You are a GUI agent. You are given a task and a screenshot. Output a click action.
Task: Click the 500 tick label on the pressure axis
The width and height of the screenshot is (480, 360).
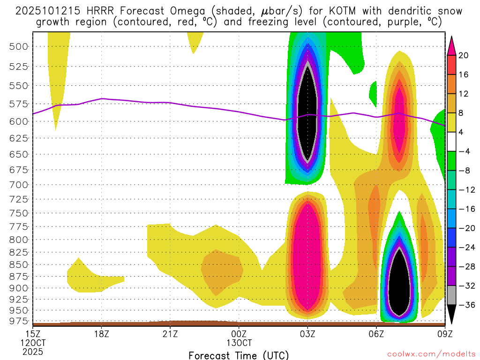[19, 46]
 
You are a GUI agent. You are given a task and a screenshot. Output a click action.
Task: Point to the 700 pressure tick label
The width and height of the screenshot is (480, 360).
[19, 184]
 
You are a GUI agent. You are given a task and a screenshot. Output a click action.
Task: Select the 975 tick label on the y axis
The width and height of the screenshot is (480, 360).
[19, 321]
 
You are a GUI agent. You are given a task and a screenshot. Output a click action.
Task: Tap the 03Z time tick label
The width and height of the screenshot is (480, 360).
[307, 334]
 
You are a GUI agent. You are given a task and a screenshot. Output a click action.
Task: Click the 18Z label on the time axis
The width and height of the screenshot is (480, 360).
[102, 334]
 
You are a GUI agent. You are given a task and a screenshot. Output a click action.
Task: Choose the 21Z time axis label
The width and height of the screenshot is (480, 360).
[170, 334]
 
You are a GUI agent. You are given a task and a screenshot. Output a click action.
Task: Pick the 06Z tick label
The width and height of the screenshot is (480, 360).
[376, 334]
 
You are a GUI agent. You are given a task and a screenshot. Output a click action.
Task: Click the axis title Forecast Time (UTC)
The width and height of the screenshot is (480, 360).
[239, 355]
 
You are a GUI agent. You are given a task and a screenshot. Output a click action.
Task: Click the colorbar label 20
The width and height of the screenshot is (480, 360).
[463, 55]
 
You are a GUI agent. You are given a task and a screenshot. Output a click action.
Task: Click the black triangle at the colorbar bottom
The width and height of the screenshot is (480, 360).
[451, 314]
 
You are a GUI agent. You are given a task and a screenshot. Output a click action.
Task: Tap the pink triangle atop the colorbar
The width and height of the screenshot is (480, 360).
[451, 45]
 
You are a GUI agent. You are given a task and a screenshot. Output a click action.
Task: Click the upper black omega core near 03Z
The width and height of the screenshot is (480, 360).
[307, 112]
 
